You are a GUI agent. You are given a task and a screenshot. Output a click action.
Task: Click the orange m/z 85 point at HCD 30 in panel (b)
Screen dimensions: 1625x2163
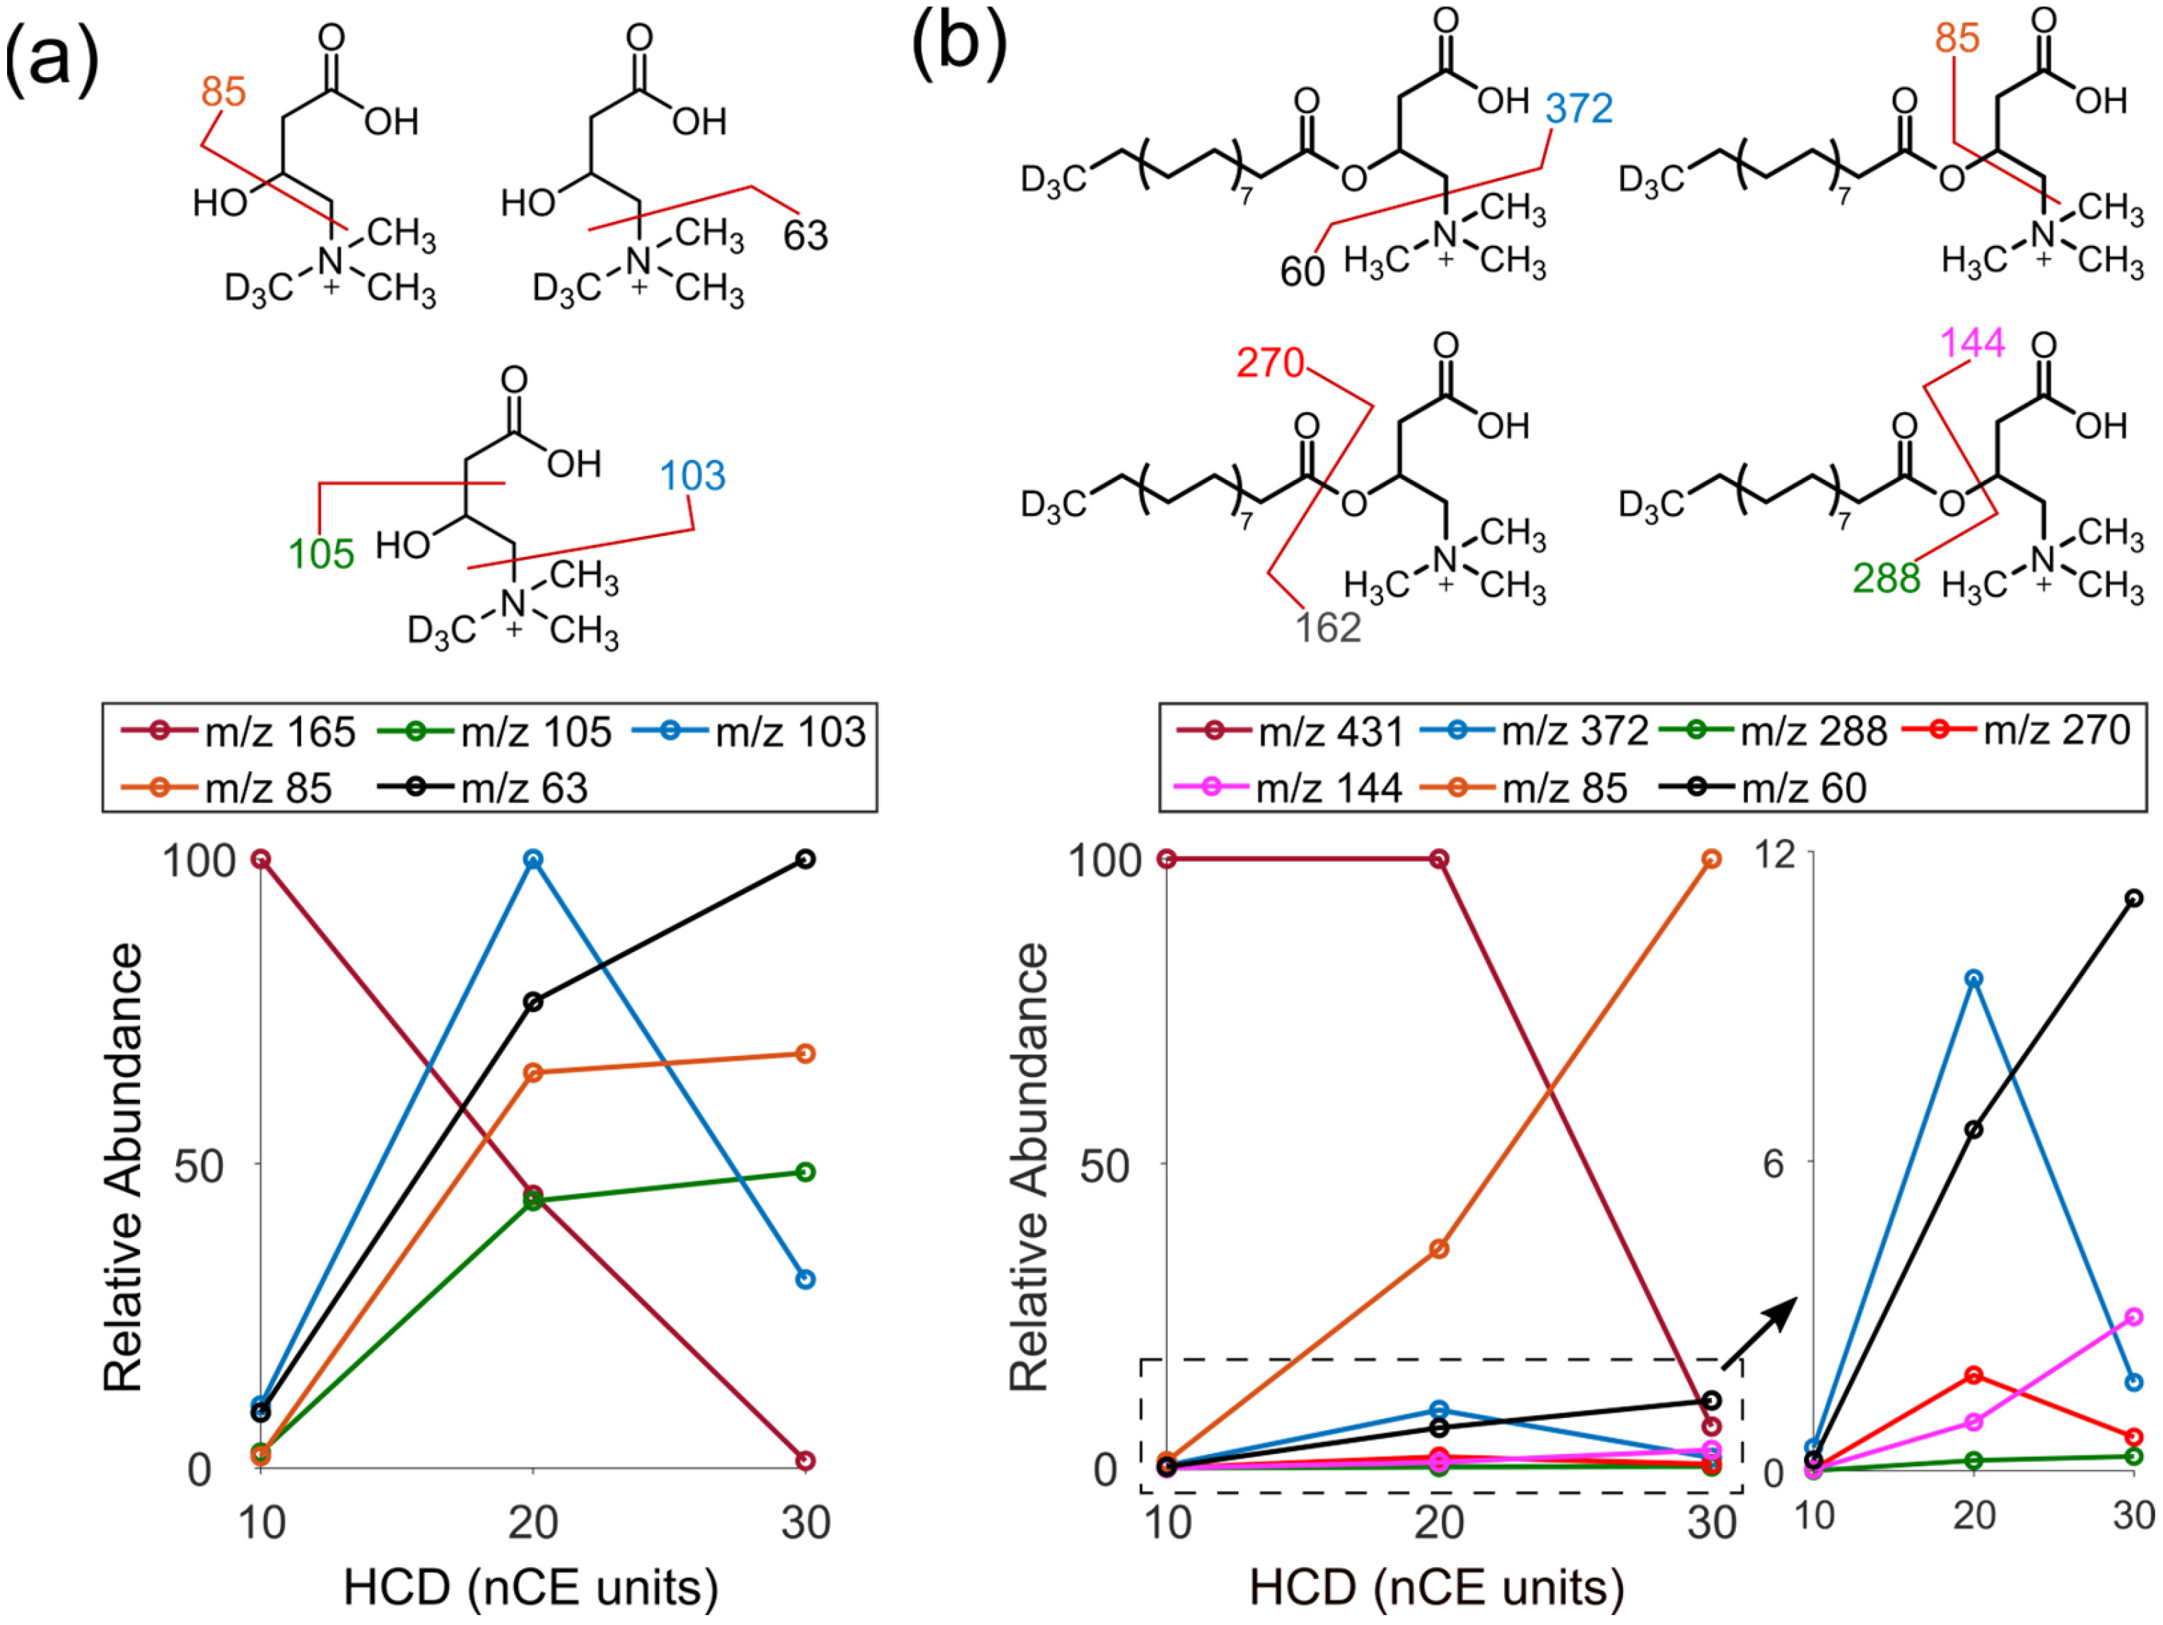1711,860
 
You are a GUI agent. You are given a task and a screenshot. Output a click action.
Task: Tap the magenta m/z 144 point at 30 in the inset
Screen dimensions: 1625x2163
2135,1317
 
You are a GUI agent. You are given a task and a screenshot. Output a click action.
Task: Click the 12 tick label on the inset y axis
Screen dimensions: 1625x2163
1776,855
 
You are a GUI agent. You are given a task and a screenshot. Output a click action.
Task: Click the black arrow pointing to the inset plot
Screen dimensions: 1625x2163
1760,1334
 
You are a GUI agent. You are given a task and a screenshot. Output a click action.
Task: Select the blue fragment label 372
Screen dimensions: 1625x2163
1579,109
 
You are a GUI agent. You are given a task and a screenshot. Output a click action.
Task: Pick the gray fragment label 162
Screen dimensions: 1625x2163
1328,628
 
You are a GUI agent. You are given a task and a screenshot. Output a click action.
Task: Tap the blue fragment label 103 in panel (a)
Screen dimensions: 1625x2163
692,476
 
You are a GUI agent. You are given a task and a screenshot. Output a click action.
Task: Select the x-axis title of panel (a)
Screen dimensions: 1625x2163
531,1588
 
